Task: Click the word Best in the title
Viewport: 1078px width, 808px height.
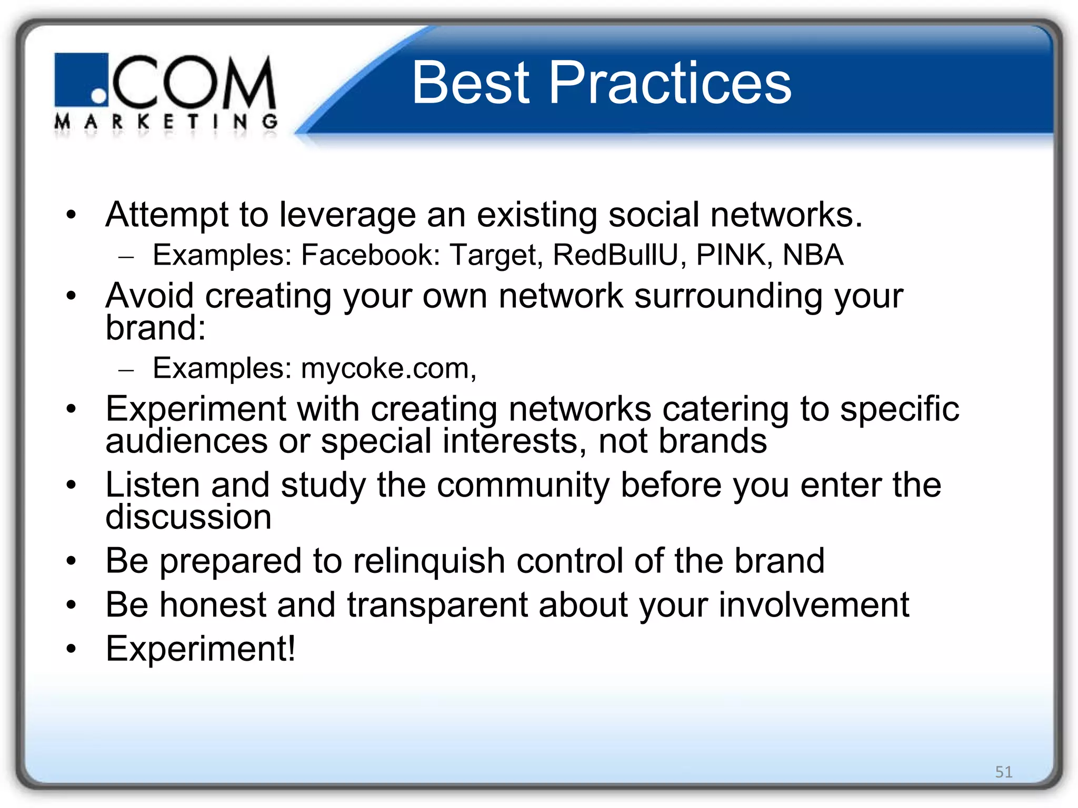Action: (470, 83)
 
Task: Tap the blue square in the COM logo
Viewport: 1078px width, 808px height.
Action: (81, 79)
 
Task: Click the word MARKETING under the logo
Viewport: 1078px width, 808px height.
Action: (166, 122)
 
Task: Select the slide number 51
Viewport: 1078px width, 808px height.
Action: (1003, 772)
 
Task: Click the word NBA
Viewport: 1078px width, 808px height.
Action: (813, 255)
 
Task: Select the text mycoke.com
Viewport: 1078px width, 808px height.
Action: (387, 368)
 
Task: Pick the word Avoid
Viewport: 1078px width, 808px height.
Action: (149, 296)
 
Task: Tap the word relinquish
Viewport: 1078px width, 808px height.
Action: (428, 561)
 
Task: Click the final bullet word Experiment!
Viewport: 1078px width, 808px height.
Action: (201, 649)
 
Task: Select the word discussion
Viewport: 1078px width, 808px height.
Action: (188, 517)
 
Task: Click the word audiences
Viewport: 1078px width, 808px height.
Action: (186, 441)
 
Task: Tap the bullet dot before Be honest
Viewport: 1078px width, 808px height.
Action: (72, 605)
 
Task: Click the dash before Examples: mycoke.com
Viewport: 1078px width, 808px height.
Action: (126, 370)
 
